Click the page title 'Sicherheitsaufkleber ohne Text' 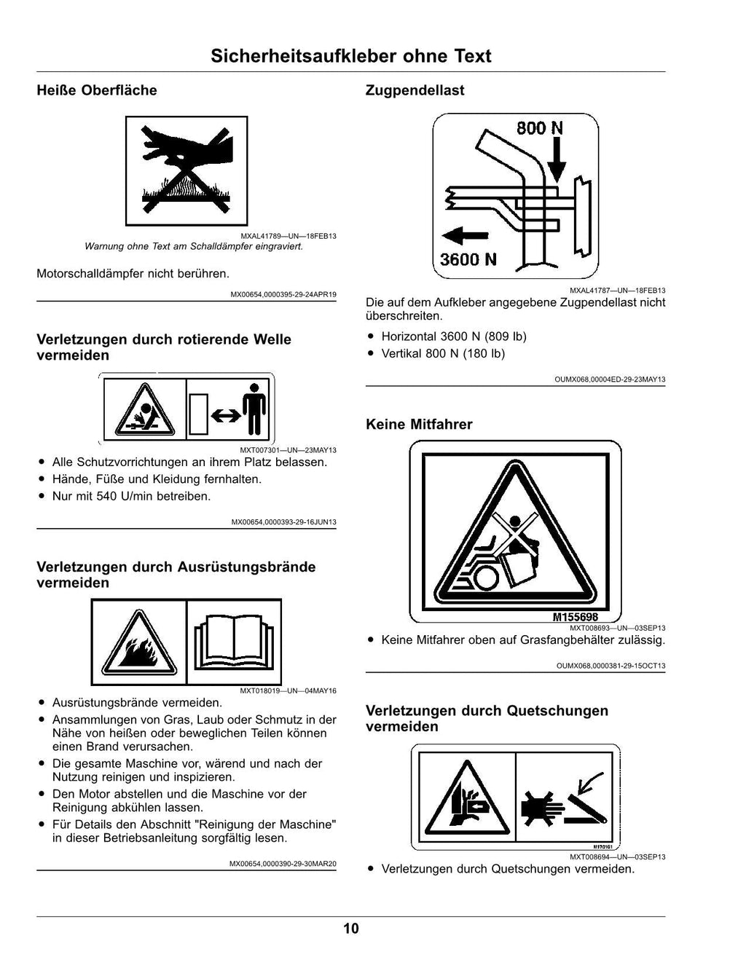[351, 56]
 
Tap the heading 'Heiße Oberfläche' [97, 90]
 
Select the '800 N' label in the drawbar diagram [540, 128]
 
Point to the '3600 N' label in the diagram [468, 259]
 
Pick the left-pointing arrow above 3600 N [466, 235]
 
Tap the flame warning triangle [139, 643]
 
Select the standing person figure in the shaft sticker [254, 409]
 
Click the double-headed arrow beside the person [226, 416]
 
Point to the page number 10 [351, 929]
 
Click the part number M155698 [575, 616]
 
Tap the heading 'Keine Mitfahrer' [419, 424]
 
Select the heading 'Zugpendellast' [415, 90]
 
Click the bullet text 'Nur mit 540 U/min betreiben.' [131, 496]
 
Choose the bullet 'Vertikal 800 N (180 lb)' [443, 353]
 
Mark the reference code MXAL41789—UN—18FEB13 [288, 236]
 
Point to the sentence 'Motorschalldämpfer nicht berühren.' [133, 274]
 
